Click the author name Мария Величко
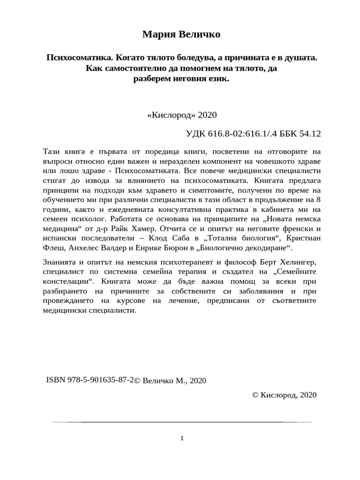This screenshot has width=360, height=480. point(180,35)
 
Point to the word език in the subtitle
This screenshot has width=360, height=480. point(217,79)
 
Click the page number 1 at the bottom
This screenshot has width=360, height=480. point(181,438)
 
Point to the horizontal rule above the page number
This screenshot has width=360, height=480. point(181,422)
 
